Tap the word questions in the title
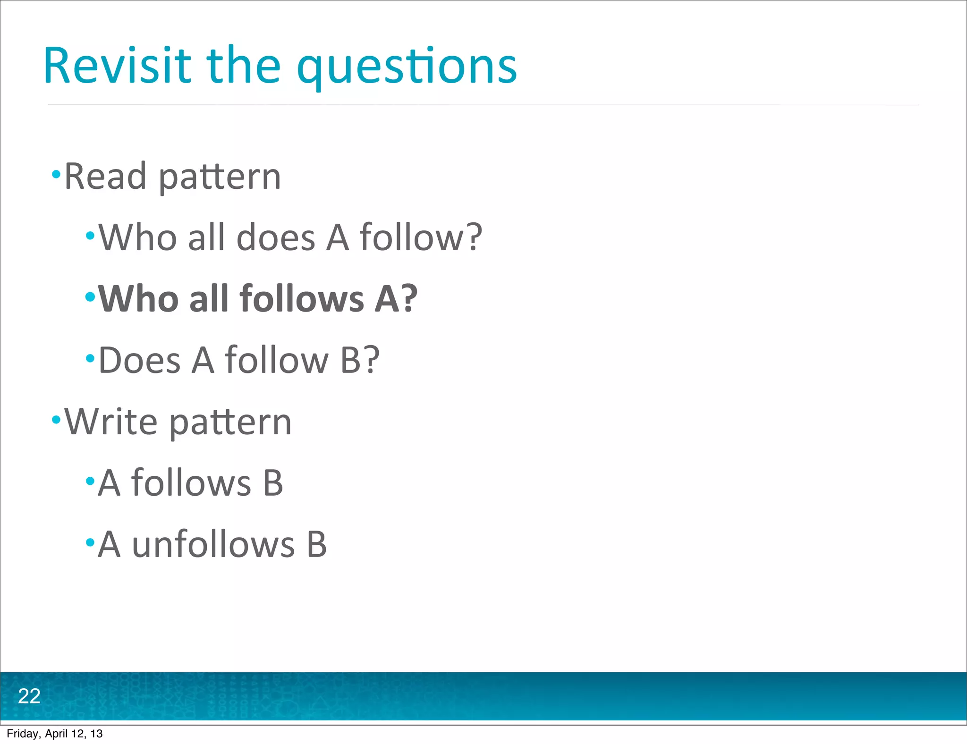(x=407, y=68)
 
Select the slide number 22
(x=29, y=696)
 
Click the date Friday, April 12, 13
(x=55, y=734)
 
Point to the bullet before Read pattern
(x=56, y=175)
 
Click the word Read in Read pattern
(x=105, y=176)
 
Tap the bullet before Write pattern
(x=56, y=419)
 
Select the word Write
(x=111, y=421)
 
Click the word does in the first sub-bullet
(x=275, y=237)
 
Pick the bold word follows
(x=302, y=299)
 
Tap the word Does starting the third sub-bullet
(x=139, y=360)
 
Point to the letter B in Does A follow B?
(x=350, y=360)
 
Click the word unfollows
(x=213, y=545)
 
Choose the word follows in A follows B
(x=191, y=483)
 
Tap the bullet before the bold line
(x=90, y=297)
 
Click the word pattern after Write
(x=230, y=422)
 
